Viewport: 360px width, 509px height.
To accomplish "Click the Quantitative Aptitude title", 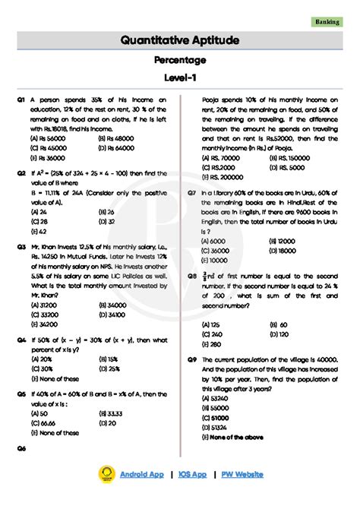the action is pyautogui.click(x=180, y=40).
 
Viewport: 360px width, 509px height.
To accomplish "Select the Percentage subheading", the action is pyautogui.click(x=180, y=59).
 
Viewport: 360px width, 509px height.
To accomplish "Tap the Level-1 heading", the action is pyautogui.click(x=180, y=78).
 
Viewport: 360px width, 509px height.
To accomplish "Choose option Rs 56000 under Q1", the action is pyautogui.click(x=46, y=139).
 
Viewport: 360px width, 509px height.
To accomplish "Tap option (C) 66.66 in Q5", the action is pyautogui.click(x=45, y=422).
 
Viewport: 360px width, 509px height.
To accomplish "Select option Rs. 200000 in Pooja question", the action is pyautogui.click(x=221, y=176).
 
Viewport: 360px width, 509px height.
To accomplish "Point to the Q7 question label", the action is pyautogui.click(x=193, y=193).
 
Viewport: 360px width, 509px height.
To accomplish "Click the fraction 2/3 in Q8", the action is pyautogui.click(x=204, y=277).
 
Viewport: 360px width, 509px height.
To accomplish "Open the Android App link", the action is pyautogui.click(x=141, y=474).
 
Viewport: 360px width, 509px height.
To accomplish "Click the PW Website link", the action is pyautogui.click(x=242, y=474).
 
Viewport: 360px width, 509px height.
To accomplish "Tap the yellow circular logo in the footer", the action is pyautogui.click(x=106, y=474).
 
